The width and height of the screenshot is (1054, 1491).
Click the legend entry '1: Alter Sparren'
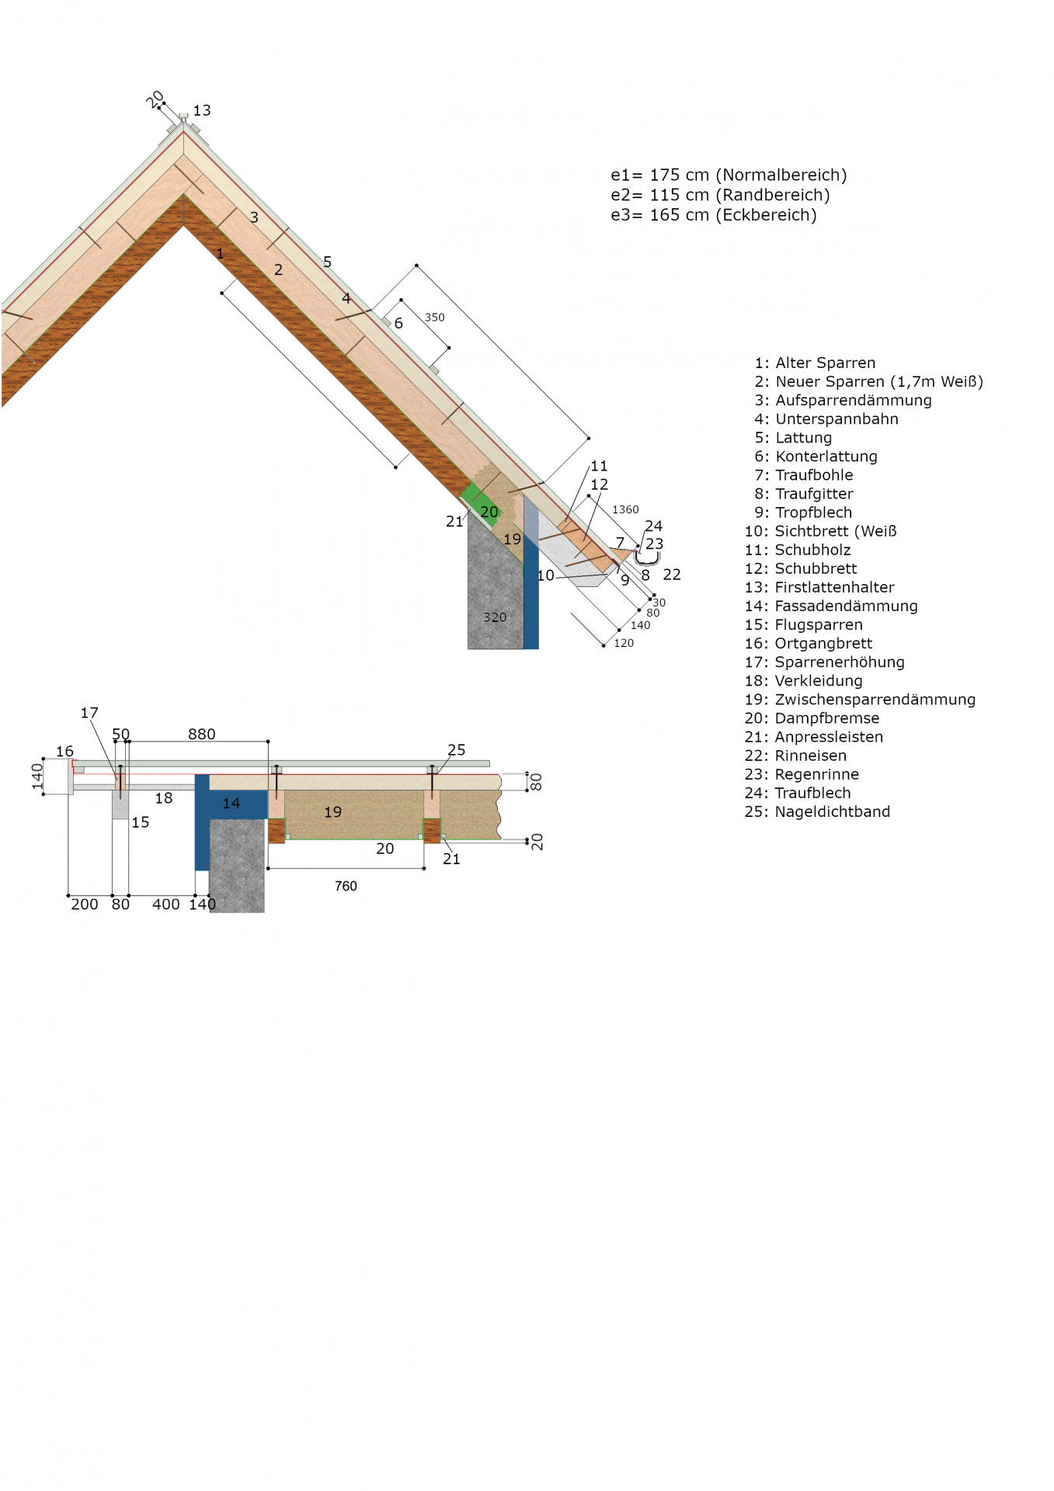[x=815, y=363]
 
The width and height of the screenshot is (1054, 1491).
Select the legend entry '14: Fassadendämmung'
[x=831, y=606]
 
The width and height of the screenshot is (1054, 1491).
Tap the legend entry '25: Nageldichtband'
[x=817, y=812]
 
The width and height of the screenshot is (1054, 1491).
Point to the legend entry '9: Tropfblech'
[x=803, y=513]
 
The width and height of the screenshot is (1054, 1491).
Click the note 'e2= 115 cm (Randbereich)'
[x=720, y=195]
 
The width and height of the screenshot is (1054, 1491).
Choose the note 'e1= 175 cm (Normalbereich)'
[x=729, y=175]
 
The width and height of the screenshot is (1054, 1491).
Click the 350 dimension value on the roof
[x=435, y=318]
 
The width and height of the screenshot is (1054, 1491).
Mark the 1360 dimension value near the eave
[x=625, y=509]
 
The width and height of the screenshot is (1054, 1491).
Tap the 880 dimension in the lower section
[x=202, y=734]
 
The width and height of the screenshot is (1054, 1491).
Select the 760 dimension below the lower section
[x=346, y=886]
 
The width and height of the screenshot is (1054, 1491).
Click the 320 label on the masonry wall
[x=495, y=617]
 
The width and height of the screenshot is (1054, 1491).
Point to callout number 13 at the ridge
[x=202, y=110]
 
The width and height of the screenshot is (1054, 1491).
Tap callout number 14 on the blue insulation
[x=231, y=803]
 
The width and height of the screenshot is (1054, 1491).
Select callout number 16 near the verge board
[x=64, y=751]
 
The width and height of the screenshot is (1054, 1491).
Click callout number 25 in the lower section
[x=457, y=749]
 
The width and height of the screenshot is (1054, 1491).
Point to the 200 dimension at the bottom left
[x=85, y=904]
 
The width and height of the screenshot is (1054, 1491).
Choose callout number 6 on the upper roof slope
[x=398, y=323]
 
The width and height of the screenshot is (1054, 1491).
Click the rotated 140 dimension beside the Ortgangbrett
[x=37, y=776]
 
